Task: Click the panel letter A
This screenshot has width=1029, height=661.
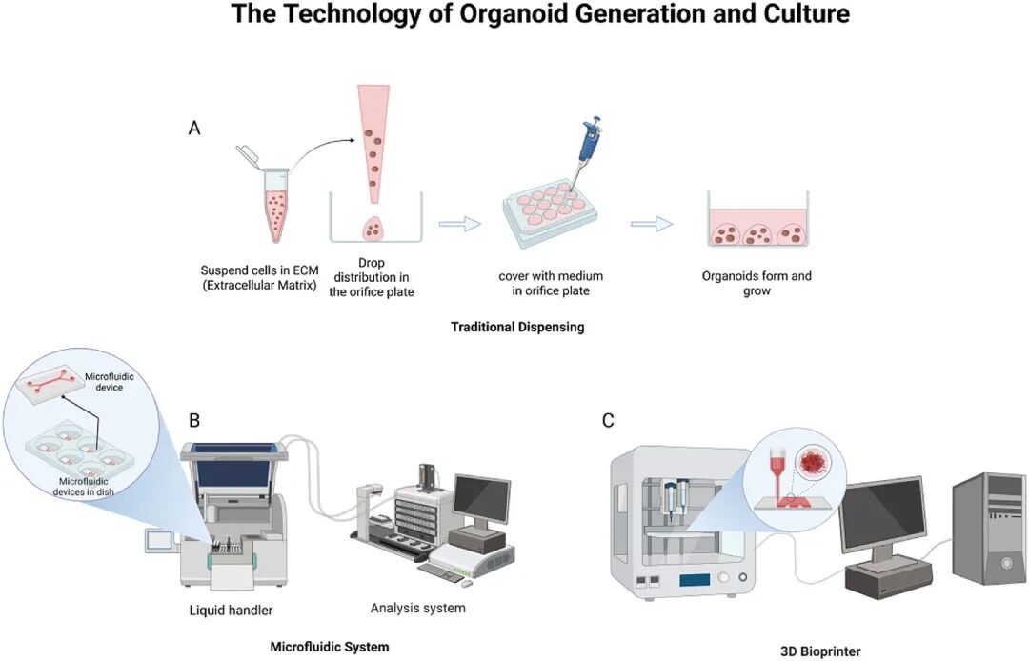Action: point(194,128)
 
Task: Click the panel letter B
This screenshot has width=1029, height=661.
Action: point(194,420)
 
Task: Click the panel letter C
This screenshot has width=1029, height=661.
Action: point(607,420)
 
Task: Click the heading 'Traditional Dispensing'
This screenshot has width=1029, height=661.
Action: point(517,327)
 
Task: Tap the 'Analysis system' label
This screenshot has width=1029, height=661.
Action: point(417,608)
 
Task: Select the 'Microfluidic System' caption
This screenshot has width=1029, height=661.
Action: point(330,647)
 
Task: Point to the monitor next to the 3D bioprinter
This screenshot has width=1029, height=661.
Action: point(882,515)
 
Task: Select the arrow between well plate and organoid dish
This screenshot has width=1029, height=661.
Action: point(651,223)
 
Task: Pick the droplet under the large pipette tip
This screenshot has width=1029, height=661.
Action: point(373,229)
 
